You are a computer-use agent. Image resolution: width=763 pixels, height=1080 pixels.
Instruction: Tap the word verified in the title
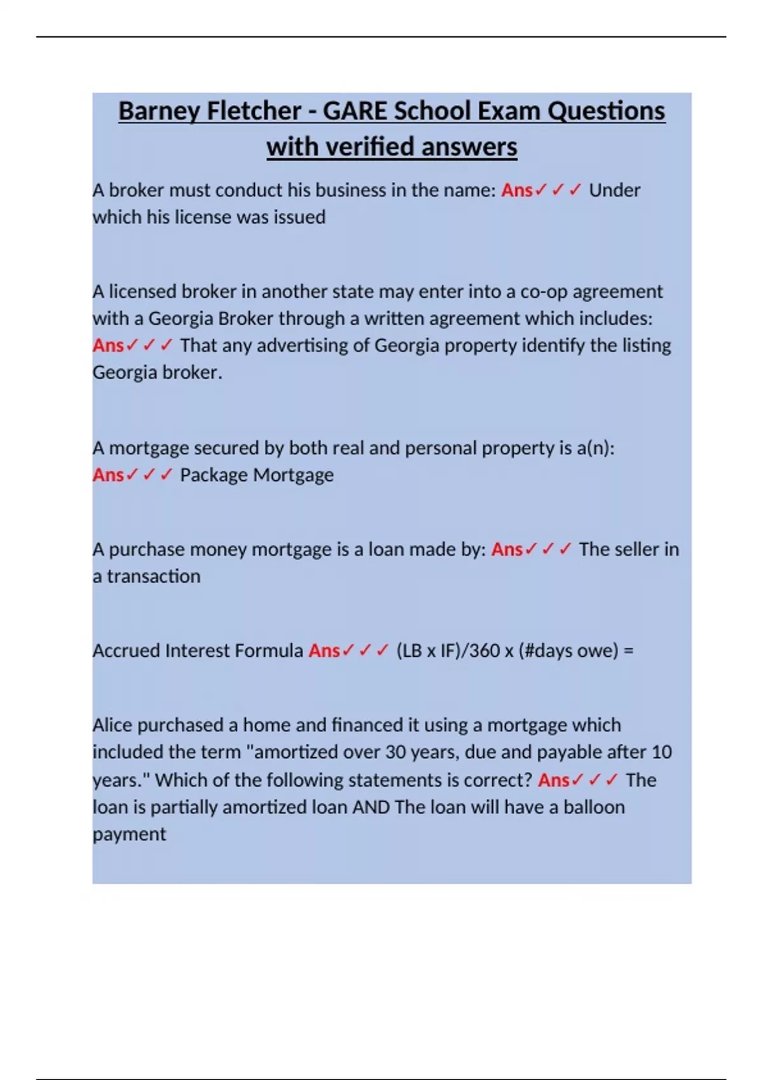coord(369,147)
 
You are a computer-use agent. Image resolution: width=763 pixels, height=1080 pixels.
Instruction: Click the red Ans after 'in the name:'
coord(516,190)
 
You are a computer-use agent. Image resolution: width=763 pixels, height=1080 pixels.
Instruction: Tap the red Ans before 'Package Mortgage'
coord(108,475)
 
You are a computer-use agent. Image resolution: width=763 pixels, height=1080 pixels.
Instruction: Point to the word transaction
coord(153,577)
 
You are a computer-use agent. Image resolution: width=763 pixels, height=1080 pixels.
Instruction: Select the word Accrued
coord(126,651)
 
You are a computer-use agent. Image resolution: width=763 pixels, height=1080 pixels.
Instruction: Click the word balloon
coord(594,807)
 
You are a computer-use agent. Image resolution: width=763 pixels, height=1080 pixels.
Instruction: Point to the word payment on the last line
coord(129,835)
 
